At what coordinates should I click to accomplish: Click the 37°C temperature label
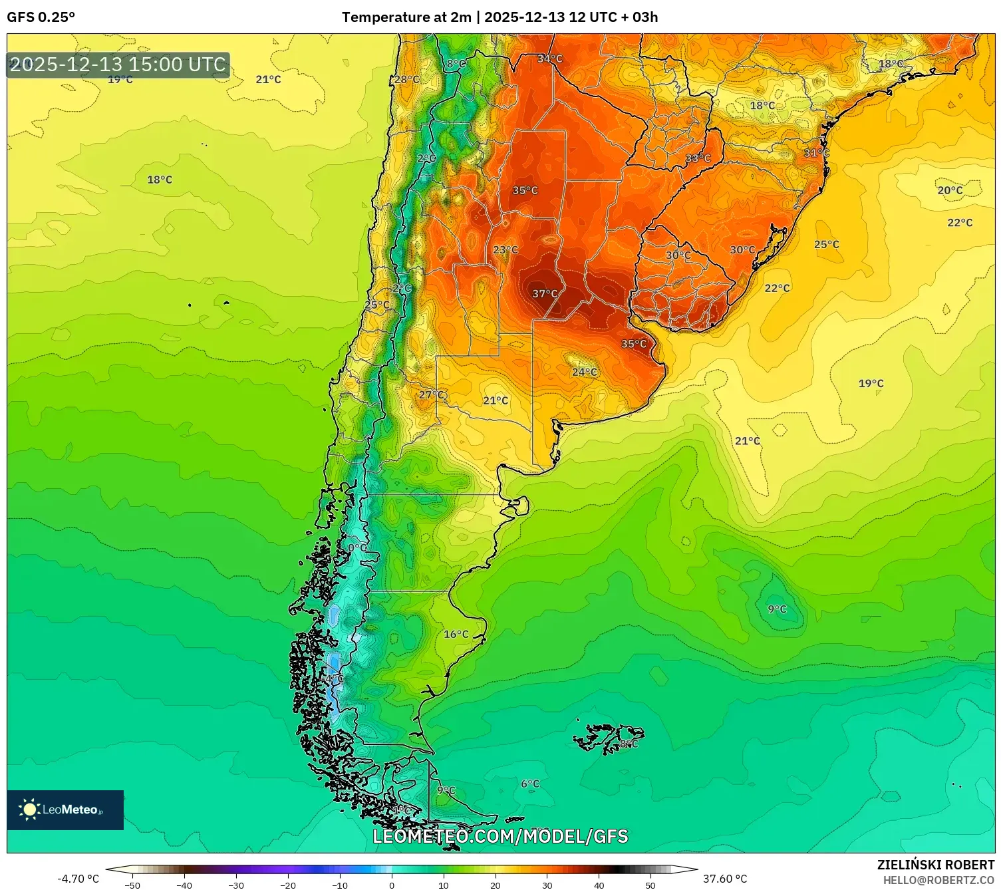click(x=545, y=294)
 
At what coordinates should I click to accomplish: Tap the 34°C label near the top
click(x=550, y=59)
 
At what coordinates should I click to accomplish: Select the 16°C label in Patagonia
click(x=456, y=634)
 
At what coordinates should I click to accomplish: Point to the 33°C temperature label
click(x=698, y=158)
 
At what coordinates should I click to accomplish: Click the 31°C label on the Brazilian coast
click(x=817, y=153)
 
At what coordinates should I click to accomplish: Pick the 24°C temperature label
click(x=585, y=372)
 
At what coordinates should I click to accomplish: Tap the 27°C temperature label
click(x=432, y=394)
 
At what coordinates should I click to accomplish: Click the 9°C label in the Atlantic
click(x=777, y=609)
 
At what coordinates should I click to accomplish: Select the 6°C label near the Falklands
click(x=530, y=784)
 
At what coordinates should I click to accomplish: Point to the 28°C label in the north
click(x=407, y=80)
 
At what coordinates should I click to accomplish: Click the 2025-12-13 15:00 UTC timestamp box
click(x=118, y=65)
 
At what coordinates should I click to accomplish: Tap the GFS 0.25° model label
click(x=41, y=17)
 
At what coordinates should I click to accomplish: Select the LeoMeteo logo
click(x=65, y=810)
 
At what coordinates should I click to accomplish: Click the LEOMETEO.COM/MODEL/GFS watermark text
click(x=500, y=836)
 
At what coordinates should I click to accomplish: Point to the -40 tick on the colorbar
click(x=184, y=885)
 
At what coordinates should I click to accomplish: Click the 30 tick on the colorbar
click(x=547, y=885)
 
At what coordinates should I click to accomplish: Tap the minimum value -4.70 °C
click(x=78, y=879)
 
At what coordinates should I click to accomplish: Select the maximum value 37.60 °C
click(x=725, y=879)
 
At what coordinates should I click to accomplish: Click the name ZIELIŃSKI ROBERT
click(x=936, y=865)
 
